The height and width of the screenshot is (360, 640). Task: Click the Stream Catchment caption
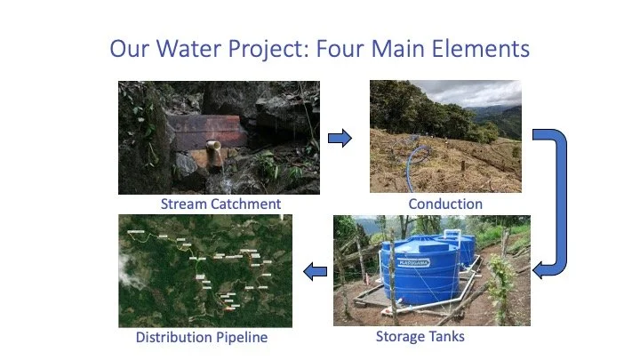coord(220,204)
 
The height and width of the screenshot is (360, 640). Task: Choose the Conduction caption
coord(444,204)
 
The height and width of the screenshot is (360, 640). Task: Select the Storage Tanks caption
coord(420,336)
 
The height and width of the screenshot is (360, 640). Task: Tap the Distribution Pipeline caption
coord(201,337)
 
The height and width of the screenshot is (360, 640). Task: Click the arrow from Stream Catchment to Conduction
coord(340,138)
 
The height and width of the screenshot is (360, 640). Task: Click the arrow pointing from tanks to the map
coord(315,271)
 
